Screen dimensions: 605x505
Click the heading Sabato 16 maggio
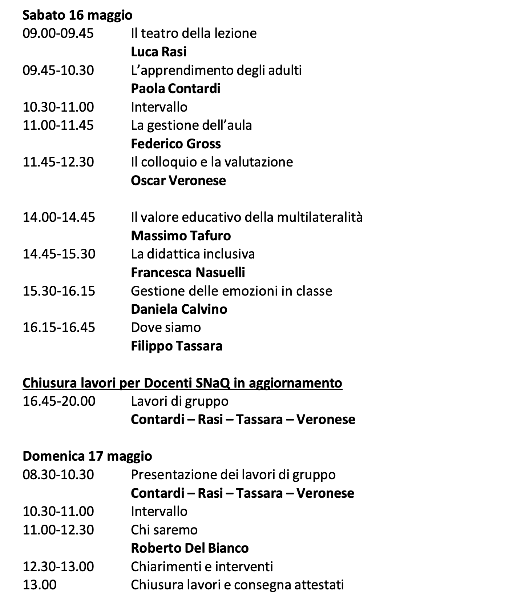click(77, 15)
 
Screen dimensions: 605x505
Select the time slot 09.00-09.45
click(58, 33)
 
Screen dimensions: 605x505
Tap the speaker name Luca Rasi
click(158, 52)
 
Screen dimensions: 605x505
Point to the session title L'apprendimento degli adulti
click(216, 70)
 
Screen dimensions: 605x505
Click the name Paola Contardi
click(175, 89)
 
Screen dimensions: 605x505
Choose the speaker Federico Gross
click(175, 144)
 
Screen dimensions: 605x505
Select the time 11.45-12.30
click(58, 162)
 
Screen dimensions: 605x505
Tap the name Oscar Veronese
click(178, 181)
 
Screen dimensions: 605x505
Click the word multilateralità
click(320, 217)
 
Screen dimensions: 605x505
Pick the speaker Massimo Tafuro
click(181, 236)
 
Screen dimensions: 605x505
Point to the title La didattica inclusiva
click(193, 254)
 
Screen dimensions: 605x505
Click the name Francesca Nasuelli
click(188, 272)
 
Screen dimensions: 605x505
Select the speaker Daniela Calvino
click(179, 309)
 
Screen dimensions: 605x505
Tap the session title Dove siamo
click(166, 328)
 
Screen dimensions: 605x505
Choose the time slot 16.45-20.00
click(59, 401)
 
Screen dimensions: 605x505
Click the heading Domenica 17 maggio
click(87, 456)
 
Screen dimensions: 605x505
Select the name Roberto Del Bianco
click(190, 548)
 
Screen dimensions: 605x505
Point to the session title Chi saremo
click(164, 530)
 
